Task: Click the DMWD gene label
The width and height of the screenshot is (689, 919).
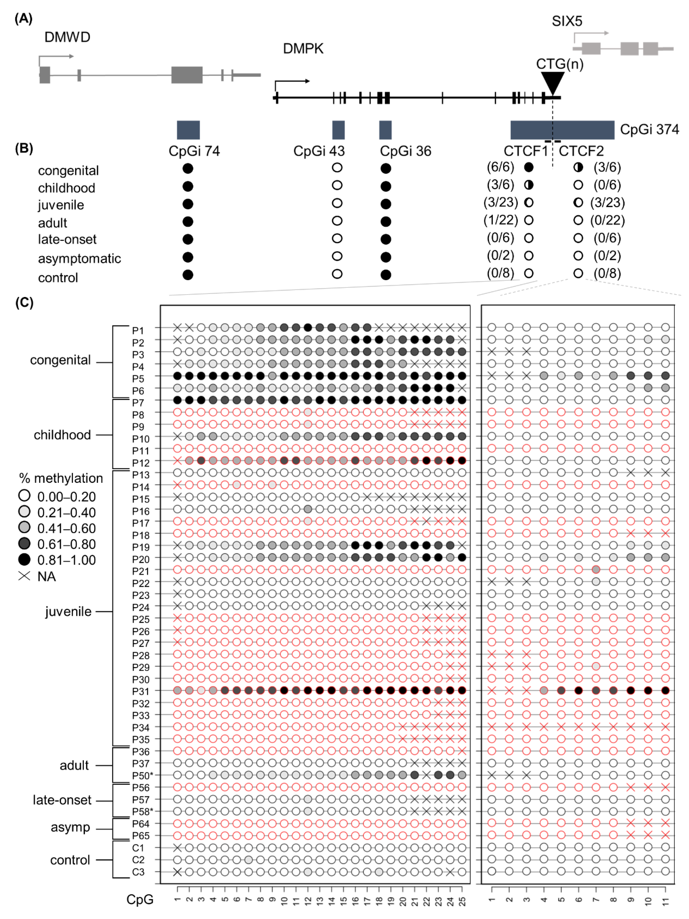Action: (67, 37)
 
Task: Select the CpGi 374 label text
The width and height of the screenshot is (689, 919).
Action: (649, 130)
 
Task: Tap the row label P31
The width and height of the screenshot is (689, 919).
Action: (140, 691)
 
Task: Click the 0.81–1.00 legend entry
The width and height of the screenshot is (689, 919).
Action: (67, 560)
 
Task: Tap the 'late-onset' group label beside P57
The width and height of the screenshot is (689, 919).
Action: (62, 800)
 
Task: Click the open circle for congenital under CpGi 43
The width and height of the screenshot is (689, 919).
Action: (337, 168)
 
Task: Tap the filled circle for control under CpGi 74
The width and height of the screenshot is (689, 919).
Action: (188, 275)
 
